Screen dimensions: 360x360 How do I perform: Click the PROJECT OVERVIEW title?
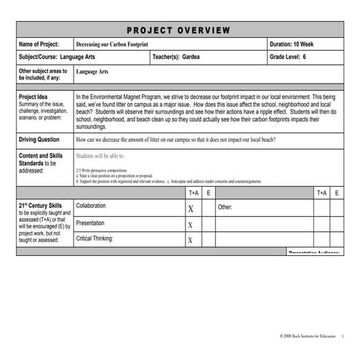click(x=180, y=30)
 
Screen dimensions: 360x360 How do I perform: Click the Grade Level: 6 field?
click(x=288, y=57)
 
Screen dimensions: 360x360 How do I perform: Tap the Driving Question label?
click(x=39, y=139)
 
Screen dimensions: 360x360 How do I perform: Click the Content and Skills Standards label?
click(x=41, y=160)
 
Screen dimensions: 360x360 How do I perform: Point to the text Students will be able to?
click(x=100, y=156)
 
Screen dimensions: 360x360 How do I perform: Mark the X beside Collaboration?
click(x=191, y=208)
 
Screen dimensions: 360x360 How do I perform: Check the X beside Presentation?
click(x=191, y=225)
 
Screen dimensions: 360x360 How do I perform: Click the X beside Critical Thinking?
click(x=191, y=241)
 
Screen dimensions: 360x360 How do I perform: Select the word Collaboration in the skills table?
click(x=95, y=207)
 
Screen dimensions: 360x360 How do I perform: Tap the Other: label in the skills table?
click(x=225, y=207)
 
